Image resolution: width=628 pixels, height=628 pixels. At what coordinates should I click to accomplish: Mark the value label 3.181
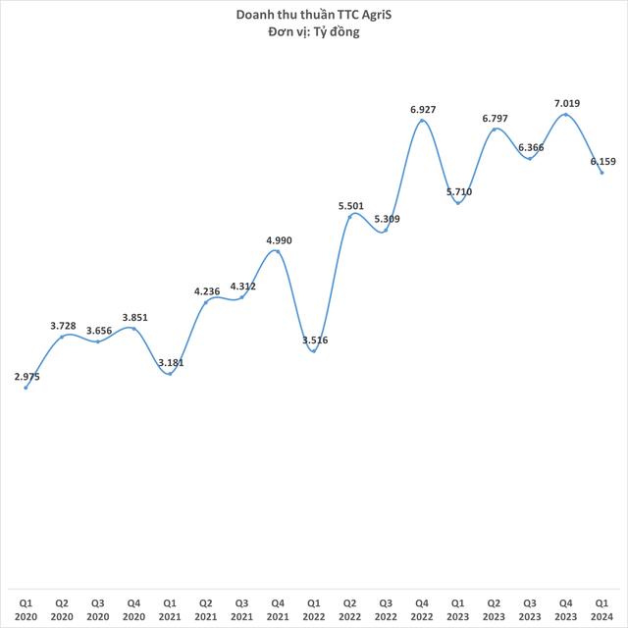coord(172,362)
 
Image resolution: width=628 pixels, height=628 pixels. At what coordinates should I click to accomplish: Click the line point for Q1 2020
coord(26,388)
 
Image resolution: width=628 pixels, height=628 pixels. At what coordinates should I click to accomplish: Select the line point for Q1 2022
coord(314,350)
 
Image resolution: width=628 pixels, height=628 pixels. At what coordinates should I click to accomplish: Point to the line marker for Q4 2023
coord(565,115)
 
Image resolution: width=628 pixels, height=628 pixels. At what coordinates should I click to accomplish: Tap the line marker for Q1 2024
coord(602,173)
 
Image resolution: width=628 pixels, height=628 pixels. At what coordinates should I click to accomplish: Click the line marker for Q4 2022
coord(422,121)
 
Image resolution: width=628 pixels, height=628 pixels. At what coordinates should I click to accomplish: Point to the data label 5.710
coord(458,191)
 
